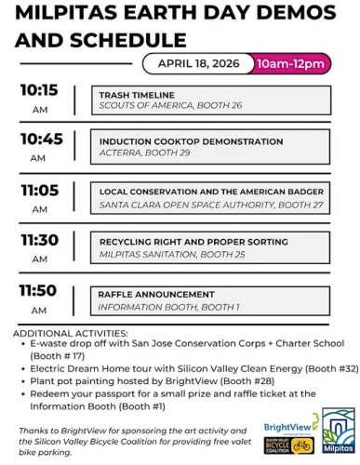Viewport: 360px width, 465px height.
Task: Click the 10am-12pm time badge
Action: click(x=291, y=63)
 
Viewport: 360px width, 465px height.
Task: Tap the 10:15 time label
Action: click(x=38, y=93)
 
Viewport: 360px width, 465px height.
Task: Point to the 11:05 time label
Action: click(x=38, y=190)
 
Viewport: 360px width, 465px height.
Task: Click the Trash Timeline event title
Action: click(x=130, y=95)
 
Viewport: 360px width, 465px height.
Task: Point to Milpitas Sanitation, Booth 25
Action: click(x=162, y=254)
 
